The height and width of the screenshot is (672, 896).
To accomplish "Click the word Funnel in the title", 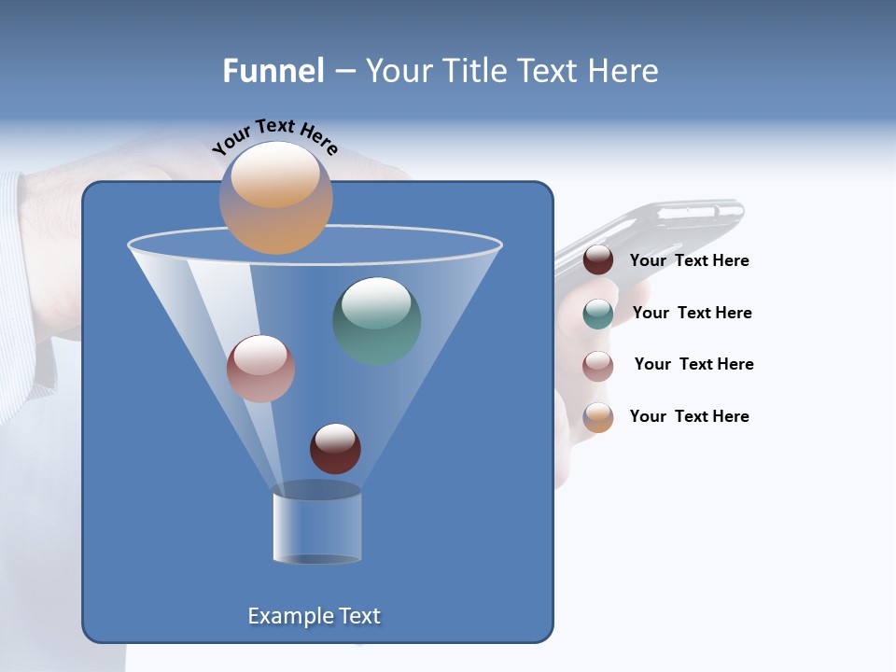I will [273, 71].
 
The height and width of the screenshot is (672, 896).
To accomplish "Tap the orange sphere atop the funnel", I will [275, 197].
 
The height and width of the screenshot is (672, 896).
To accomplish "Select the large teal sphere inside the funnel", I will [377, 320].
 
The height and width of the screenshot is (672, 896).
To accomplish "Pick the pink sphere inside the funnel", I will [260, 369].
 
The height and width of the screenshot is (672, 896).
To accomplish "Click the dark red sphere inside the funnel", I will [335, 448].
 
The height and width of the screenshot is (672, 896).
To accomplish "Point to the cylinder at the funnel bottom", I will [316, 526].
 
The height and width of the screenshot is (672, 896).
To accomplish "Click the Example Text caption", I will [314, 616].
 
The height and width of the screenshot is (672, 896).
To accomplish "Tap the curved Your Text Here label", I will [274, 136].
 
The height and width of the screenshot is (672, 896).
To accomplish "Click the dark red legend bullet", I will [598, 260].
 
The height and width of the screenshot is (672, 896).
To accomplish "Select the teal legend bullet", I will [598, 314].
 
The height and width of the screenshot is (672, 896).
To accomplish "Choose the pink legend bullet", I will [598, 366].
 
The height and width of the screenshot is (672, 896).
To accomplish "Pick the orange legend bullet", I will [598, 417].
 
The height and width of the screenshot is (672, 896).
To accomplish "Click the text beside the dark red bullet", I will [689, 261].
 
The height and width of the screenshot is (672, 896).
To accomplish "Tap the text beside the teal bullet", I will [692, 314].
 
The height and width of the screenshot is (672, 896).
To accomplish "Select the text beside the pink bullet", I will [693, 365].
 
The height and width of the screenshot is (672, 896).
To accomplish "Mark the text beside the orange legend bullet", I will [689, 416].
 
